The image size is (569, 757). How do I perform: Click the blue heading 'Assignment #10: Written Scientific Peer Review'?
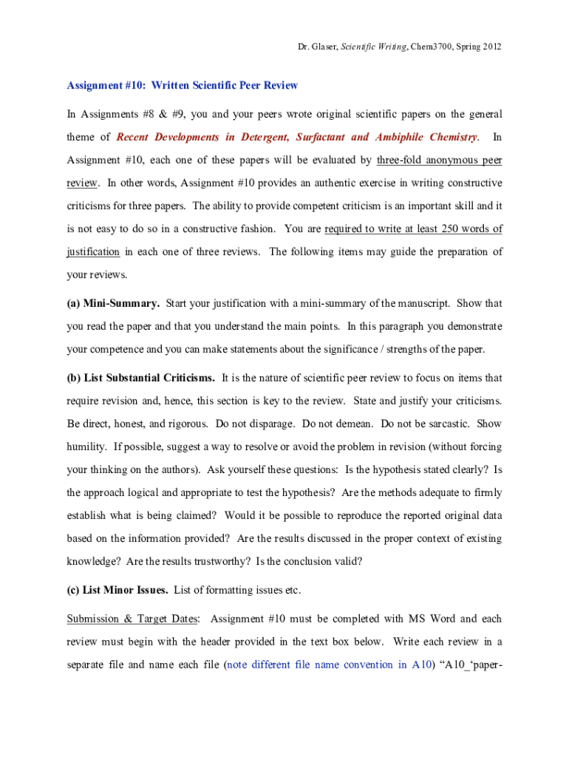(183, 85)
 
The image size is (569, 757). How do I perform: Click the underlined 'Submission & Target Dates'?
(133, 618)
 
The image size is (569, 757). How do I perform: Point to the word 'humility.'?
(87, 447)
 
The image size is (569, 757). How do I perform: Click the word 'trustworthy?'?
(221, 561)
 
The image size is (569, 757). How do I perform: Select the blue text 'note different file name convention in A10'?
(327, 665)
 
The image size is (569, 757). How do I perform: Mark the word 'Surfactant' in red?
(321, 137)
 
